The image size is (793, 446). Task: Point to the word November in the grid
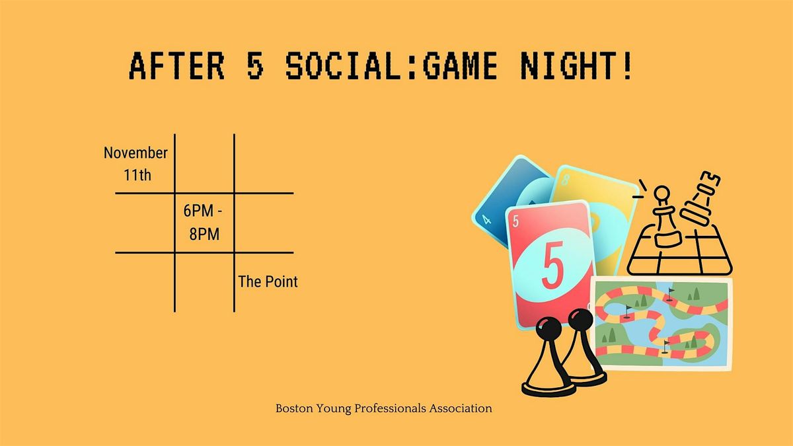[x=135, y=153]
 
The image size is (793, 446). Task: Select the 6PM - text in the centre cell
[x=204, y=213]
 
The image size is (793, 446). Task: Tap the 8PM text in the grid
[x=204, y=233]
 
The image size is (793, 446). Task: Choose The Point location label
[x=268, y=282]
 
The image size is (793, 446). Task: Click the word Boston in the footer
[x=292, y=408]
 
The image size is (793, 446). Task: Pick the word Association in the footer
[x=462, y=408]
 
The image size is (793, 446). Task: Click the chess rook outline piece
[x=702, y=198]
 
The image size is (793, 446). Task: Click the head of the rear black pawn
[x=581, y=320]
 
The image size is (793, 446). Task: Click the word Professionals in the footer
[x=391, y=408]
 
